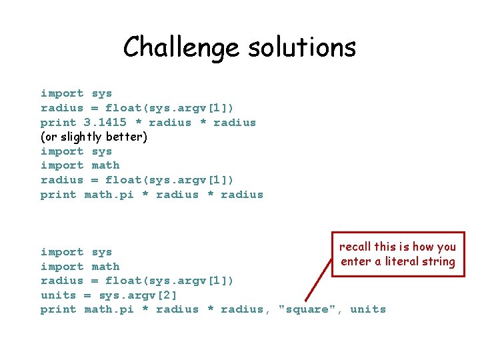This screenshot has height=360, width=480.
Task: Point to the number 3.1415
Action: (x=105, y=123)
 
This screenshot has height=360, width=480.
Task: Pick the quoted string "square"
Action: (x=307, y=309)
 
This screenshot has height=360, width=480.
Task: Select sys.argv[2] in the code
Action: (x=138, y=295)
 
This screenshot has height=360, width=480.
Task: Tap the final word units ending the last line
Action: (x=368, y=309)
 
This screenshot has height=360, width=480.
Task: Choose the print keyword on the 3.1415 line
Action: (x=59, y=123)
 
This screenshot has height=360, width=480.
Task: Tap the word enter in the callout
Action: (x=356, y=261)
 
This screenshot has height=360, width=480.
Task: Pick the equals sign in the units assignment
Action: (x=87, y=295)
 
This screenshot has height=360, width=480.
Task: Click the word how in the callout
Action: (x=421, y=247)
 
